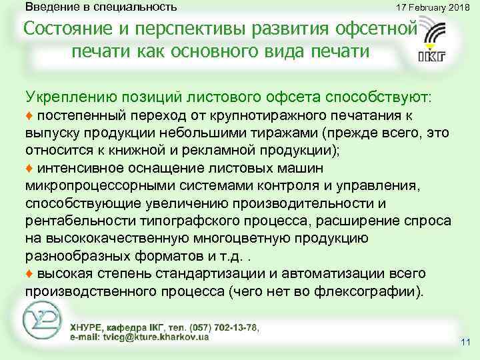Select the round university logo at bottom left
(x=43, y=321)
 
